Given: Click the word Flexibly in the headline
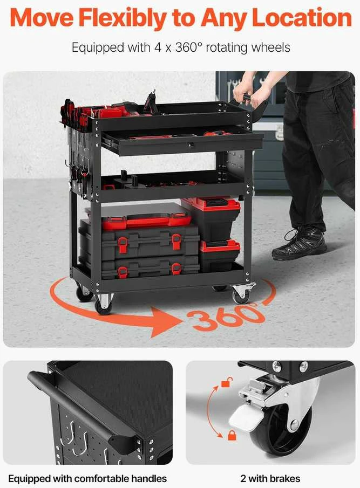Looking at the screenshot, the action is pos(122,18).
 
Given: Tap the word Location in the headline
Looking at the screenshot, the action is pos(302,17).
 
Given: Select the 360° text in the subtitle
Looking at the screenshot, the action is pos(189,47).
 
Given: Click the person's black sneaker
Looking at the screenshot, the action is pos(299,244).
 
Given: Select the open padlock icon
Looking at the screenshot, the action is pos(227,382).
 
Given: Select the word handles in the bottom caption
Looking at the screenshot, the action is pos(149,478).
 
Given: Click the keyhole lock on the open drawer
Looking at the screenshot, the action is pos(192,145).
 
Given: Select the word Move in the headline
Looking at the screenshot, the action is pos(42,17).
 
